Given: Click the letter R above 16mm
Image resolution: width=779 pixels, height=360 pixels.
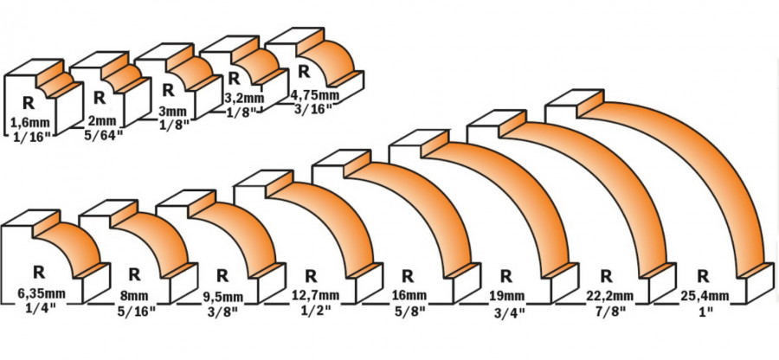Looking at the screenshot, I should point(404,276).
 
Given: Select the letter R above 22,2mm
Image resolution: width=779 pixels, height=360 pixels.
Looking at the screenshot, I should point(605,276).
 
